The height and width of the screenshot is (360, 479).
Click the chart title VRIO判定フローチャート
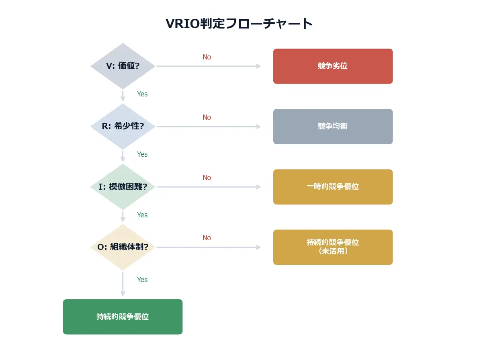click(x=239, y=23)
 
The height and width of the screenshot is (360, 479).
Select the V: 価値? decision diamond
click(x=123, y=66)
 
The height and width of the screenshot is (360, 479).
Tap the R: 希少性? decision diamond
click(x=123, y=127)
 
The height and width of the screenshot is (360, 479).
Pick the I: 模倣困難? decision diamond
click(x=123, y=187)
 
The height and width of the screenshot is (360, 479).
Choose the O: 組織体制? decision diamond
click(x=123, y=247)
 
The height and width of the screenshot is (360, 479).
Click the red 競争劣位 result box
click(x=333, y=66)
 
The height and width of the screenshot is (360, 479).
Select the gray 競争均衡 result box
click(x=333, y=127)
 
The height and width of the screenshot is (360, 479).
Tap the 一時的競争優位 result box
click(x=333, y=187)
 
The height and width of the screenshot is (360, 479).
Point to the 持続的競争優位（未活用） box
click(x=333, y=247)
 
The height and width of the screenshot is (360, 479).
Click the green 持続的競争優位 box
click(x=123, y=317)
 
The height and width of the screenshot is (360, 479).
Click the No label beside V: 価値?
click(x=207, y=57)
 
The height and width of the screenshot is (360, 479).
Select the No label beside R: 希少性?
click(x=207, y=117)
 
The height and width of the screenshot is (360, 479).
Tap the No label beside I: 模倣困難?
click(x=207, y=178)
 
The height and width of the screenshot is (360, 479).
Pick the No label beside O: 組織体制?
click(x=207, y=238)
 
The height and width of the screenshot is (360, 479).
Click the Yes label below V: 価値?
click(x=142, y=94)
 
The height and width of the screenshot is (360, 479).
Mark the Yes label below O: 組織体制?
click(x=142, y=280)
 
